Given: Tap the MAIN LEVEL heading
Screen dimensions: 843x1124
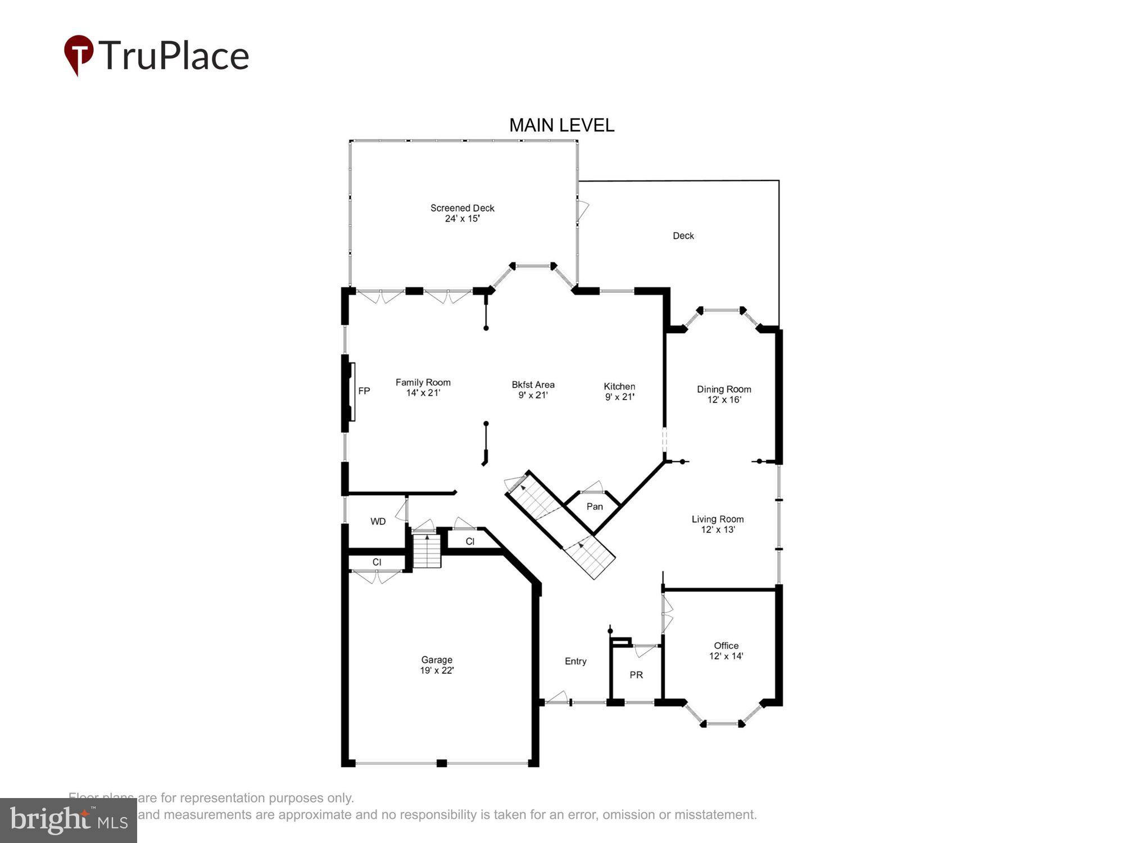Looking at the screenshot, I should (561, 125).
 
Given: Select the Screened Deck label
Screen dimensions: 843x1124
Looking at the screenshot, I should (462, 213).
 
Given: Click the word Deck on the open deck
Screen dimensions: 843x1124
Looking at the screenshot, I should (683, 235).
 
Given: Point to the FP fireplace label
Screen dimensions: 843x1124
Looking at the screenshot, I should (364, 391).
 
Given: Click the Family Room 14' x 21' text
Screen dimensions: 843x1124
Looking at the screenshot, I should (423, 387).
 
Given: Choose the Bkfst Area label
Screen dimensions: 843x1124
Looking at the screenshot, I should (533, 389).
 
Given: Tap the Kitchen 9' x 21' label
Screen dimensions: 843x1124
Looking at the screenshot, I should (619, 391).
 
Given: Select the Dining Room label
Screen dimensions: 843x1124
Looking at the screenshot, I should (724, 394).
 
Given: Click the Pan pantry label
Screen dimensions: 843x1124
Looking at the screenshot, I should (595, 506).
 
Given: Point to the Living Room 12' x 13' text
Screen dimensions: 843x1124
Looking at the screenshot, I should (718, 524).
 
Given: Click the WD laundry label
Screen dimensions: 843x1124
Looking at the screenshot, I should (378, 522).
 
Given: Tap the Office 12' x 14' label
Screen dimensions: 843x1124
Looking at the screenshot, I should (726, 651).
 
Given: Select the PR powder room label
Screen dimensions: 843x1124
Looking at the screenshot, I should (636, 674).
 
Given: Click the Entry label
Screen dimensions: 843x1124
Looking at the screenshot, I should (575, 661).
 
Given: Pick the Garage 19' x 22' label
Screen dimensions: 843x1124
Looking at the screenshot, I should (437, 665).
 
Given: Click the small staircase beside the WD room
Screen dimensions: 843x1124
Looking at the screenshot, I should (427, 551).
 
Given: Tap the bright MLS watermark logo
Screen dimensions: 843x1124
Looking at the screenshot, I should (69, 821).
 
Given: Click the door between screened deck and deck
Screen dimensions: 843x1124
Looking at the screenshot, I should (582, 211).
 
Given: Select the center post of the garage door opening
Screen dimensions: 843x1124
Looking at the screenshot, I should (442, 763).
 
